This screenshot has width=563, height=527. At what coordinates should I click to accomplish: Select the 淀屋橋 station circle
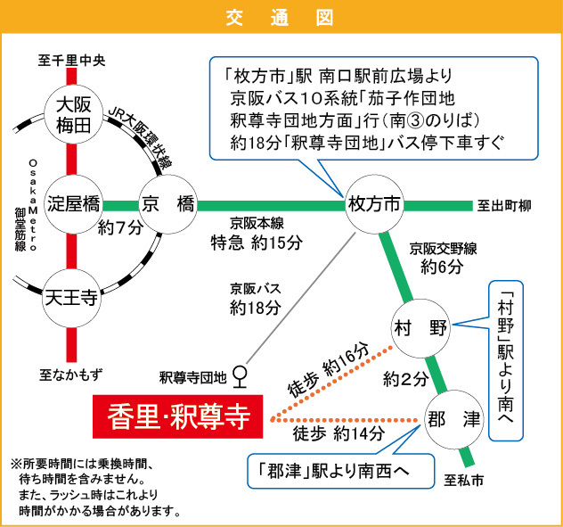click(x=72, y=203)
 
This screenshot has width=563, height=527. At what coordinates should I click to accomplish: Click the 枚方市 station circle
click(x=372, y=204)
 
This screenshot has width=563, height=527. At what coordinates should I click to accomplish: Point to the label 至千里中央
click(x=71, y=61)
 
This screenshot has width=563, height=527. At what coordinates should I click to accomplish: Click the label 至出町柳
click(x=504, y=206)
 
